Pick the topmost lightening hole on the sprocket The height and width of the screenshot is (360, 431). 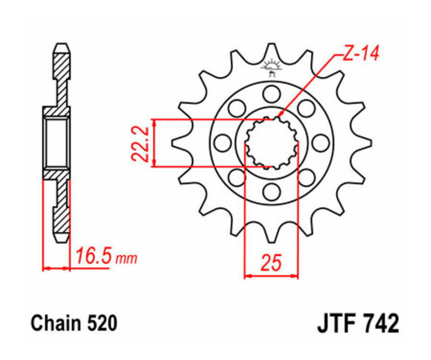point(272,94)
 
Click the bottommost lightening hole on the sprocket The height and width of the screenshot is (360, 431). point(272,191)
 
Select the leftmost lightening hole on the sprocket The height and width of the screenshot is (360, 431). point(223,143)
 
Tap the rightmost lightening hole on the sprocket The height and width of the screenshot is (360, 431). point(320,143)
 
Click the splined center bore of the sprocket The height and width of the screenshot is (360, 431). point(272,143)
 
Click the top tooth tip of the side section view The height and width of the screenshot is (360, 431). point(62,48)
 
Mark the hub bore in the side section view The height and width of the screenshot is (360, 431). point(57,143)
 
